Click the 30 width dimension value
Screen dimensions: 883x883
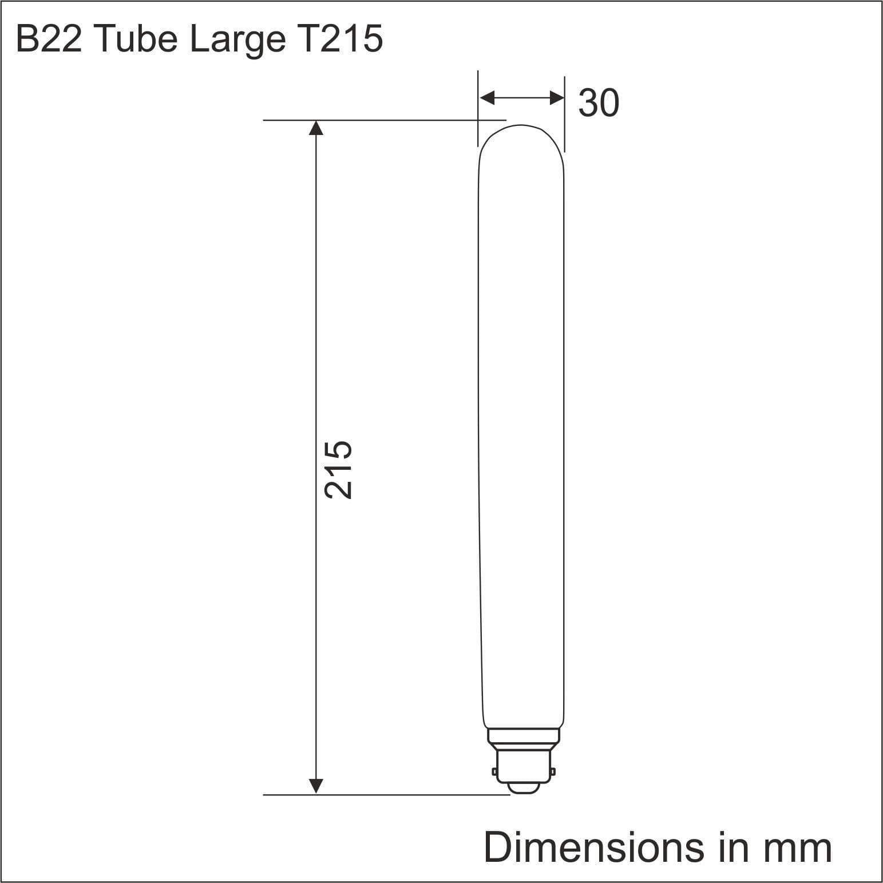[x=599, y=103]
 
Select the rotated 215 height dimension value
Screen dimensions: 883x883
[x=338, y=470]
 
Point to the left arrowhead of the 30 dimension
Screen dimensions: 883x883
[x=487, y=98]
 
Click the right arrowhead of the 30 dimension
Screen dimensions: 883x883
[x=557, y=98]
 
